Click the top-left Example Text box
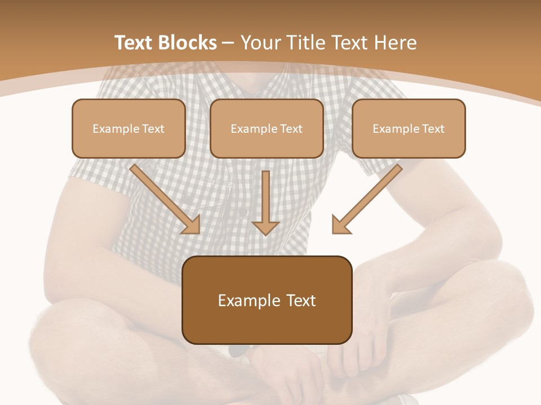pyautogui.click(x=128, y=128)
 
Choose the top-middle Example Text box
pyautogui.click(x=267, y=128)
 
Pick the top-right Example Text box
pyautogui.click(x=409, y=128)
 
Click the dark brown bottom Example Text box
pyautogui.click(x=267, y=300)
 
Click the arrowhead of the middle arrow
pyautogui.click(x=265, y=227)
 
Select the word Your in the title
pyautogui.click(x=260, y=43)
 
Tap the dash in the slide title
pyautogui.click(x=229, y=43)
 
